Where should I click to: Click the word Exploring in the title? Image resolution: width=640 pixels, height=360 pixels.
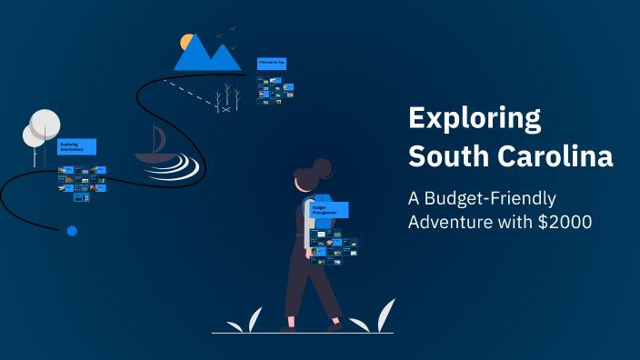(474, 119)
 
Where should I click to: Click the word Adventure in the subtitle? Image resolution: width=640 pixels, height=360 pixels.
(452, 221)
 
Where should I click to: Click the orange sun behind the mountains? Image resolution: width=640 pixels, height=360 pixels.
(187, 42)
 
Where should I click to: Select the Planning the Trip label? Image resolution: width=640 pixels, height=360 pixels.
(272, 64)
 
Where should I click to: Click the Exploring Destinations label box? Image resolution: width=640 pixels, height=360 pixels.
(76, 146)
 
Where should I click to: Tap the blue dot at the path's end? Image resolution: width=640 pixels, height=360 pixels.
(72, 231)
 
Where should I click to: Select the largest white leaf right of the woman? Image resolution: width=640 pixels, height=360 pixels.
(385, 315)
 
